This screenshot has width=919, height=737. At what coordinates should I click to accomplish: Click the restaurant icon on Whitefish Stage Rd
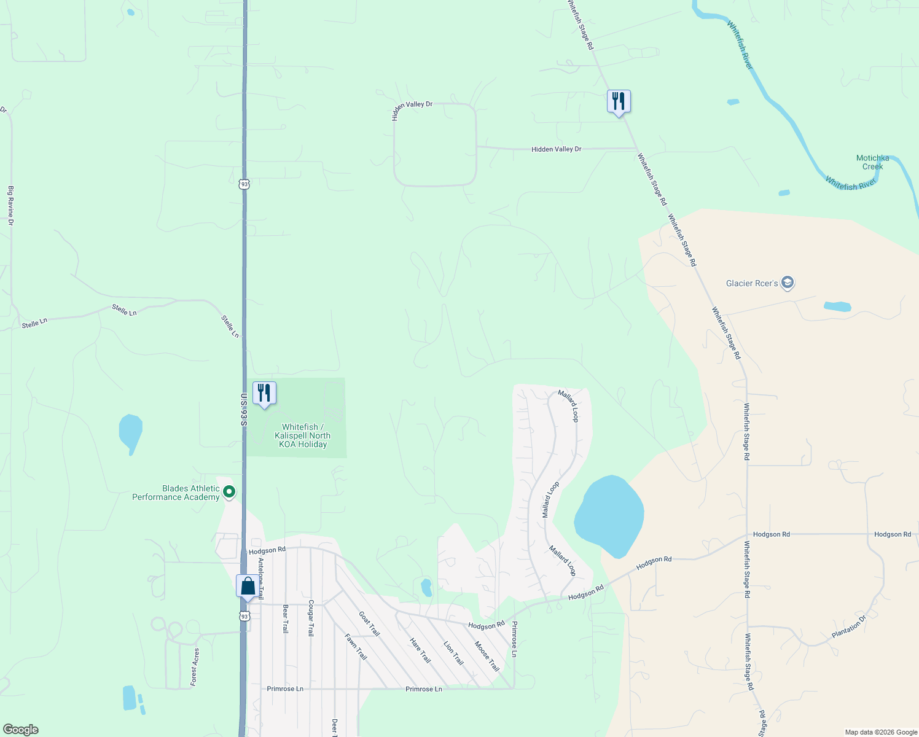[x=619, y=101]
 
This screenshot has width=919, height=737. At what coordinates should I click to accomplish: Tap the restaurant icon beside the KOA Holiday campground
[x=264, y=393]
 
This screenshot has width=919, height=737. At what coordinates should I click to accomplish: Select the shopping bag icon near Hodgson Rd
[x=248, y=586]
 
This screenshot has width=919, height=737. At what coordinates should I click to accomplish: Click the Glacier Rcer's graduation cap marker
[x=788, y=283]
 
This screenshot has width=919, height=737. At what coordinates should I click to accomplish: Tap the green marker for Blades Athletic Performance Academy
[x=229, y=492]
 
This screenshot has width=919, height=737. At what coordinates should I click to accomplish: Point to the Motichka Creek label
[x=872, y=162]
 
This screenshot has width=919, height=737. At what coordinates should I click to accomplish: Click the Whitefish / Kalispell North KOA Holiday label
[x=303, y=435]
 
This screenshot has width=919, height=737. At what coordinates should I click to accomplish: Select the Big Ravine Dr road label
[x=10, y=206]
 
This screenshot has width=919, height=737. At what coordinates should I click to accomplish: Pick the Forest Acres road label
[x=195, y=666]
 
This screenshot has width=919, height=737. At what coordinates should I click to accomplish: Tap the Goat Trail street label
[x=369, y=623]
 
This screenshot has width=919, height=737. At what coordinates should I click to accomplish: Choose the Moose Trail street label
[x=487, y=656]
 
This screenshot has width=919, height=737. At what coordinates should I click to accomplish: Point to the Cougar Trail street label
[x=311, y=618]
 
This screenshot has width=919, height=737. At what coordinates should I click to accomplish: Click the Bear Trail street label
[x=285, y=619]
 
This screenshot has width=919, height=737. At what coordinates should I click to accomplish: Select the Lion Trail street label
[x=453, y=653]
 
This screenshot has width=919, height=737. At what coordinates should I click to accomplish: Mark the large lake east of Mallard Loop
[x=609, y=515]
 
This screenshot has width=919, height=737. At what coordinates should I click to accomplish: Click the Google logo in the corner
[x=21, y=730]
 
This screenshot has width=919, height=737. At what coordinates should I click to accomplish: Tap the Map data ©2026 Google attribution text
[x=881, y=732]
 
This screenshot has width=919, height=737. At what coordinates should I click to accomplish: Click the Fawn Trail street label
[x=356, y=647]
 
